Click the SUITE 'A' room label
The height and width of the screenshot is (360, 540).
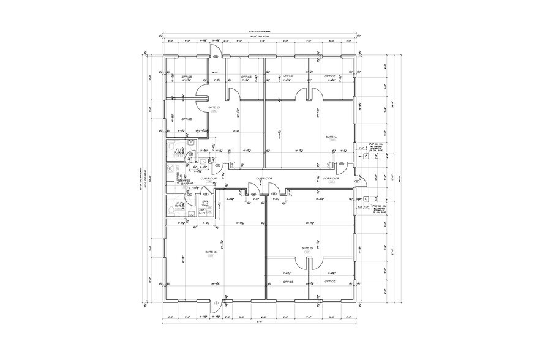[331, 136]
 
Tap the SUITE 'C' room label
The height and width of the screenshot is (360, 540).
[212, 252]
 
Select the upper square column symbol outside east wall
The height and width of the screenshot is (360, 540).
[366, 157]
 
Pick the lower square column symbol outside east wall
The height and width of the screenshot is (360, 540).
[366, 199]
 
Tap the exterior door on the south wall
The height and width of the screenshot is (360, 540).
[214, 306]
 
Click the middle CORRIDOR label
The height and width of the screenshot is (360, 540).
[264, 178]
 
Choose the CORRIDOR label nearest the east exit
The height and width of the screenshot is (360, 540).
[331, 178]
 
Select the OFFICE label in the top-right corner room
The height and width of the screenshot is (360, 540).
[330, 77]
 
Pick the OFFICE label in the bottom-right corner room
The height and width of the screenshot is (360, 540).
[329, 282]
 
